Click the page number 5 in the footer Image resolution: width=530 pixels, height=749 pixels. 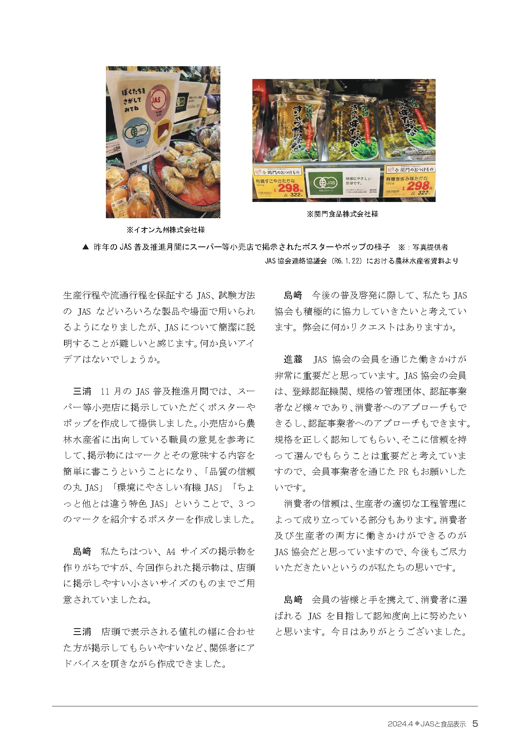tap(475, 723)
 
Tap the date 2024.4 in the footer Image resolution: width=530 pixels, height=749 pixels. tap(400, 724)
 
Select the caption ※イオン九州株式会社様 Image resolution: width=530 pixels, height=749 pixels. tap(166, 230)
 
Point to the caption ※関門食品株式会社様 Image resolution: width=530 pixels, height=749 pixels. tap(342, 214)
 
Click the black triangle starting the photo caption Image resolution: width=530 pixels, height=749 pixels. tap(85, 247)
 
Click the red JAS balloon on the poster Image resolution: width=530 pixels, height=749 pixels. tap(156, 101)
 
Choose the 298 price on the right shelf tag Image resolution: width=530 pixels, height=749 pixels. tap(419, 186)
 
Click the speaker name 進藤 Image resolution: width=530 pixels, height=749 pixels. tap(293, 360)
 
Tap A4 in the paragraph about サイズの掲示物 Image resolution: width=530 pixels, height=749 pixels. tap(170, 552)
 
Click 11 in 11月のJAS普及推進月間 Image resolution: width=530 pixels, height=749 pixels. tap(105, 392)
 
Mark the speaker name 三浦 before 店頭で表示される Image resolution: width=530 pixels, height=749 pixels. tap(82, 632)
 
